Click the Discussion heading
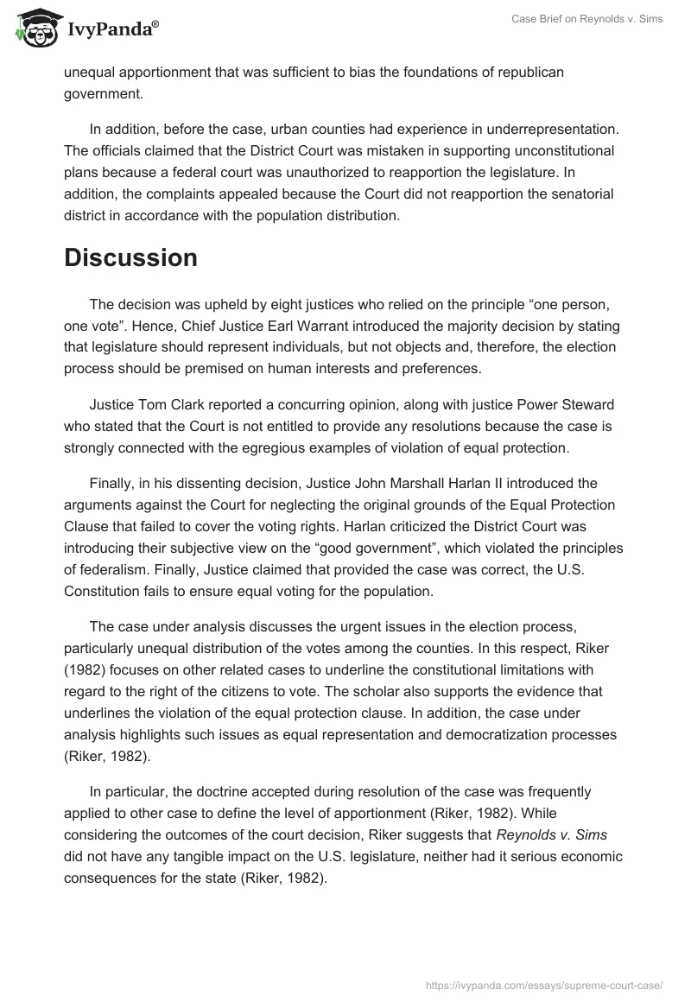point(130,257)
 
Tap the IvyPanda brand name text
point(112,29)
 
